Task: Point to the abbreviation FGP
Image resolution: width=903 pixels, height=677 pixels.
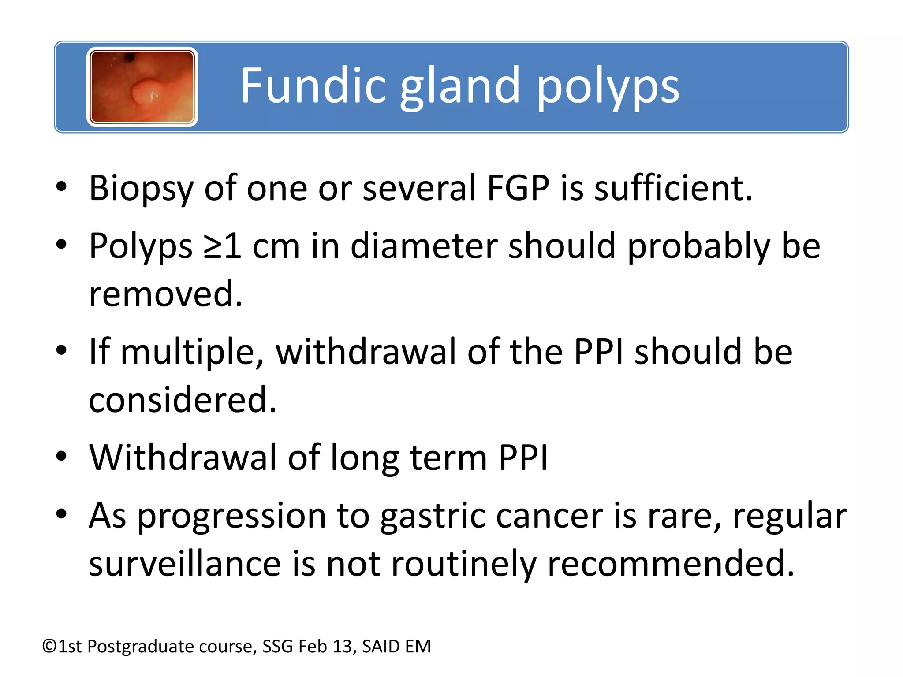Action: tap(518, 188)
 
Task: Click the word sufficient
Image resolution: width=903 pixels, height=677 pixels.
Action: tap(673, 188)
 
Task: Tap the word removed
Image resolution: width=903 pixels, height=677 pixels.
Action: tap(165, 294)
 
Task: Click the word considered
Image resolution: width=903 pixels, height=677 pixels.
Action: tap(182, 400)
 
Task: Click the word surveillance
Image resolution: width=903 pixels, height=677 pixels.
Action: tap(185, 564)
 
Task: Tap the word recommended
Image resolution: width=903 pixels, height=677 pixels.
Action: tap(670, 564)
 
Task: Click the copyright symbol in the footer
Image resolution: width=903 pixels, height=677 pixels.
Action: tap(50, 647)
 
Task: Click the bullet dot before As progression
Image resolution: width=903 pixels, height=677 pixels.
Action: tap(61, 514)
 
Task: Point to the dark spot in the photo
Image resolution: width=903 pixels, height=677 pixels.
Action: tap(130, 57)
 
